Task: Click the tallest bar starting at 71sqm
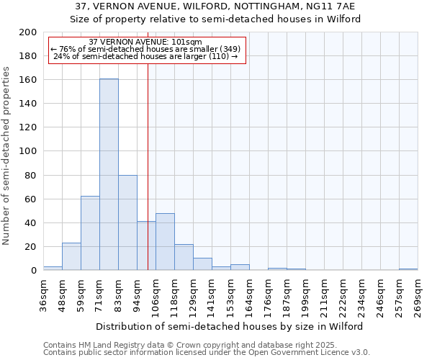point(109,174)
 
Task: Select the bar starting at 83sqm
point(127,222)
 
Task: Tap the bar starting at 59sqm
point(90,233)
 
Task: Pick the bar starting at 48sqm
point(71,256)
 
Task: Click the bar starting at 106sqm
point(165,242)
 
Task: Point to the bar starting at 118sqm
point(184,257)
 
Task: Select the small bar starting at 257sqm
point(408,269)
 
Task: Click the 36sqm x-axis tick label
point(43,295)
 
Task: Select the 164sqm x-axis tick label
point(249,295)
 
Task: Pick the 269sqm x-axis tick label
point(418,295)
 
